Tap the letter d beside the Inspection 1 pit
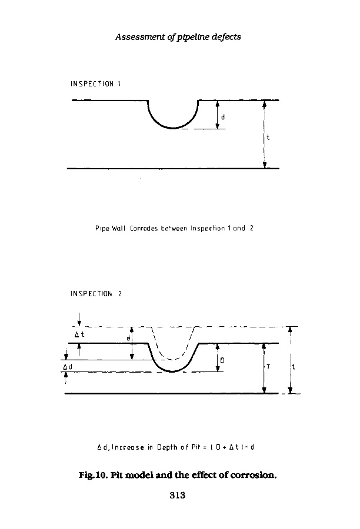pos(223,116)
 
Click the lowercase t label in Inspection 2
pos(293,366)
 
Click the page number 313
pos(178,495)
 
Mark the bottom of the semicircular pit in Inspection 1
pos(173,128)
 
